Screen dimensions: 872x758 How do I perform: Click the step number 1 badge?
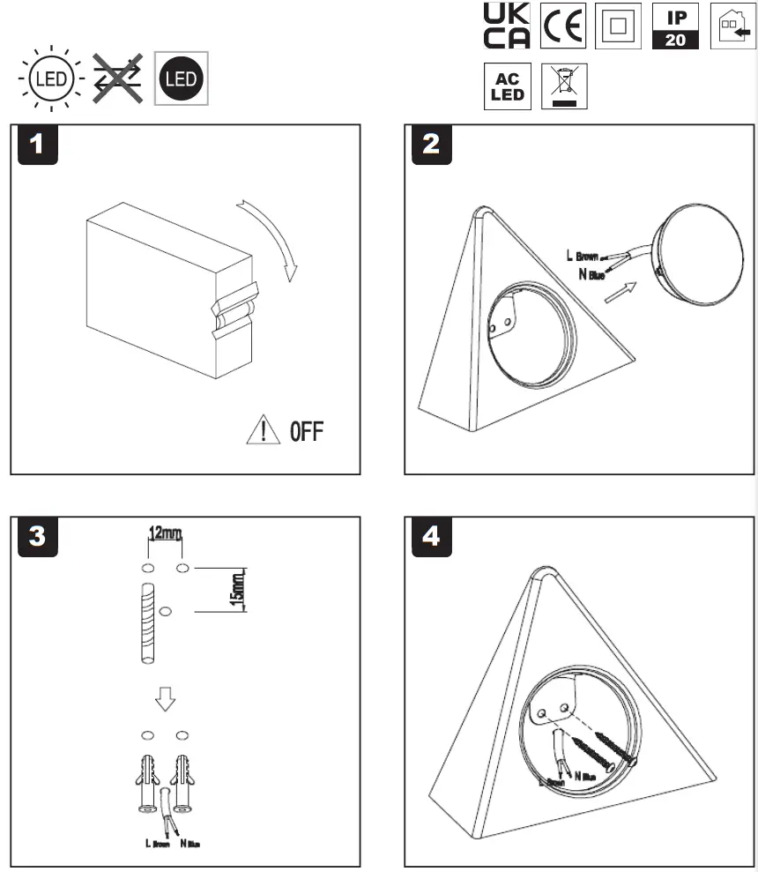[36, 145]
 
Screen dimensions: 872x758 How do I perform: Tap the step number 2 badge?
[430, 145]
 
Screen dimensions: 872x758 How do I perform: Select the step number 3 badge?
[36, 537]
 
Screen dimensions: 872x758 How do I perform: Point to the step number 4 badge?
[430, 537]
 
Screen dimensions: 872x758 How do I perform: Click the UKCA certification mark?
[508, 26]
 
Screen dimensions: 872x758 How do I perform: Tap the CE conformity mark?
[562, 26]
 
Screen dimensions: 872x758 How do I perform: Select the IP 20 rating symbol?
[675, 26]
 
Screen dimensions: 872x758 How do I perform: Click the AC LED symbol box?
[508, 87]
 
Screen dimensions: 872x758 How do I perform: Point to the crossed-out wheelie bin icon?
[563, 86]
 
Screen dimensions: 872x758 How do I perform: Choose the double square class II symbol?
[617, 26]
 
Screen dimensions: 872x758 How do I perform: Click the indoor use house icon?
[732, 26]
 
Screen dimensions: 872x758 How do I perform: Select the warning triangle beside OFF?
[263, 431]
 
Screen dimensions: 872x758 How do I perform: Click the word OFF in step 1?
[306, 432]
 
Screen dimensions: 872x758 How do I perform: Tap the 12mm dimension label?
[165, 533]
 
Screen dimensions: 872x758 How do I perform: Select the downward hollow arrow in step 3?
[165, 698]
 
